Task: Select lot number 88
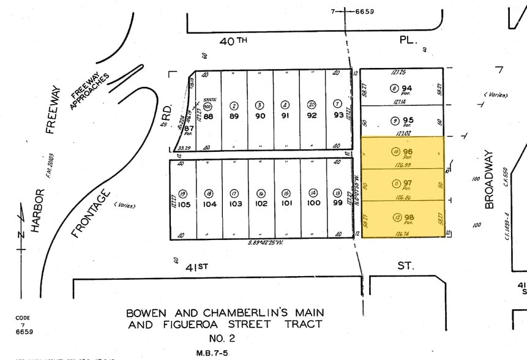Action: point(208,116)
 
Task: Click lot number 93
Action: point(337,115)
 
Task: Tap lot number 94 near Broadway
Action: point(407,88)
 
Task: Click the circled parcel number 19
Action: point(182,193)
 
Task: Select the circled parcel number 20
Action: point(312,105)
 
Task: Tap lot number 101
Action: point(287,204)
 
